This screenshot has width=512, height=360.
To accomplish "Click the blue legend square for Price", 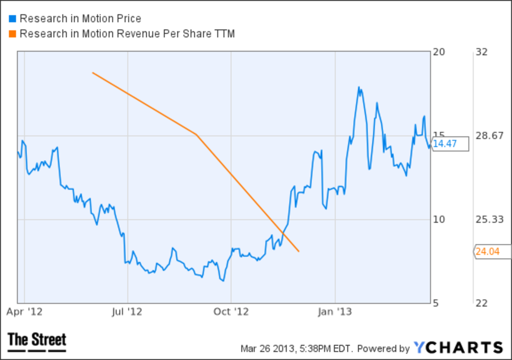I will pyautogui.click(x=12, y=19).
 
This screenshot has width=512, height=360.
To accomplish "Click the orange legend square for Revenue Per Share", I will pyautogui.click(x=12, y=34).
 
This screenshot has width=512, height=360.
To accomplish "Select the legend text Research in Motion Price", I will pyautogui.click(x=80, y=19).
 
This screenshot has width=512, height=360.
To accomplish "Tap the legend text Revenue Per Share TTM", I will pyautogui.click(x=127, y=34).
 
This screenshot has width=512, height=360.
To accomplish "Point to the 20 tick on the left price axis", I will pyautogui.click(x=439, y=52).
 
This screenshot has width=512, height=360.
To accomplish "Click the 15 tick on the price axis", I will pyautogui.click(x=439, y=136).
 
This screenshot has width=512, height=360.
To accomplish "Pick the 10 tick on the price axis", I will pyautogui.click(x=439, y=220).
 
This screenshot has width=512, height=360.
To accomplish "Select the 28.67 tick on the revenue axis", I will pyautogui.click(x=487, y=136).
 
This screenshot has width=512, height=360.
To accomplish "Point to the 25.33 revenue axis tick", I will pyautogui.click(x=487, y=220).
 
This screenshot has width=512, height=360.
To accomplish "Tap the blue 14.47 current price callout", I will pyautogui.click(x=450, y=144).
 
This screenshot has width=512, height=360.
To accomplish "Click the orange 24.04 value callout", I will pyautogui.click(x=493, y=252).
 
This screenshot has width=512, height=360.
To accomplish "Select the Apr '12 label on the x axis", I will pyautogui.click(x=24, y=312).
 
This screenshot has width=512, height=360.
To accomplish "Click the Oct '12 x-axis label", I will pyautogui.click(x=231, y=312).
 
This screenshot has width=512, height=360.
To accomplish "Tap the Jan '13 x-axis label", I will pyautogui.click(x=336, y=312).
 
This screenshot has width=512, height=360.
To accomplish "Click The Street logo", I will pyautogui.click(x=37, y=342).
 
